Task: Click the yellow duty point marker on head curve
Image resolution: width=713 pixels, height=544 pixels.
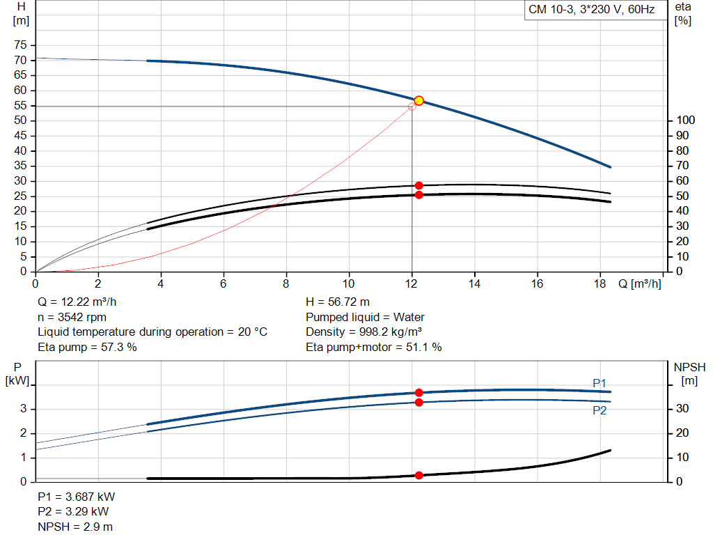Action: click(x=418, y=101)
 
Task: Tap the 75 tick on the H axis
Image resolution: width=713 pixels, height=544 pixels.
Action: click(x=21, y=45)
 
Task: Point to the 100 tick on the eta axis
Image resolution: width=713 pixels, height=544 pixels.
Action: click(x=684, y=121)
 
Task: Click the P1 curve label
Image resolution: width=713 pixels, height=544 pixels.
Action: click(x=600, y=383)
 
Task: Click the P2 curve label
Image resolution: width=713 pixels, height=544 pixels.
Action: click(x=600, y=411)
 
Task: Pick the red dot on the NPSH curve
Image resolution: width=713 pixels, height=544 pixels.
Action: click(x=418, y=476)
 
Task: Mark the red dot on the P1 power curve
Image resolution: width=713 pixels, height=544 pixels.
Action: click(x=418, y=393)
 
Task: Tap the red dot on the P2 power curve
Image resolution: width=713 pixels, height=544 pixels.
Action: click(x=418, y=403)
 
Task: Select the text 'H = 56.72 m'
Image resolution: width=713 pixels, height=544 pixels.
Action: click(x=337, y=302)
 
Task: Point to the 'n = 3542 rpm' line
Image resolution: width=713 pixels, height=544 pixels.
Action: click(x=72, y=317)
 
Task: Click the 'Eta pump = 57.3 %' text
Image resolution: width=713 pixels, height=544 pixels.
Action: click(x=87, y=347)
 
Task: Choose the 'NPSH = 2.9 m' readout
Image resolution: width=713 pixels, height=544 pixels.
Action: click(x=75, y=527)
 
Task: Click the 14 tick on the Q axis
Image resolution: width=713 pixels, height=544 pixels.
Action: click(x=474, y=283)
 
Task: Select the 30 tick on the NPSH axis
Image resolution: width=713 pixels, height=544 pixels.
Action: click(x=682, y=409)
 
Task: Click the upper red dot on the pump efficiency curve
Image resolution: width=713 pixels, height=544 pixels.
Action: click(x=418, y=186)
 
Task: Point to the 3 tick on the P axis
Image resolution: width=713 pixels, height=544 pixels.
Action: click(x=24, y=409)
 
